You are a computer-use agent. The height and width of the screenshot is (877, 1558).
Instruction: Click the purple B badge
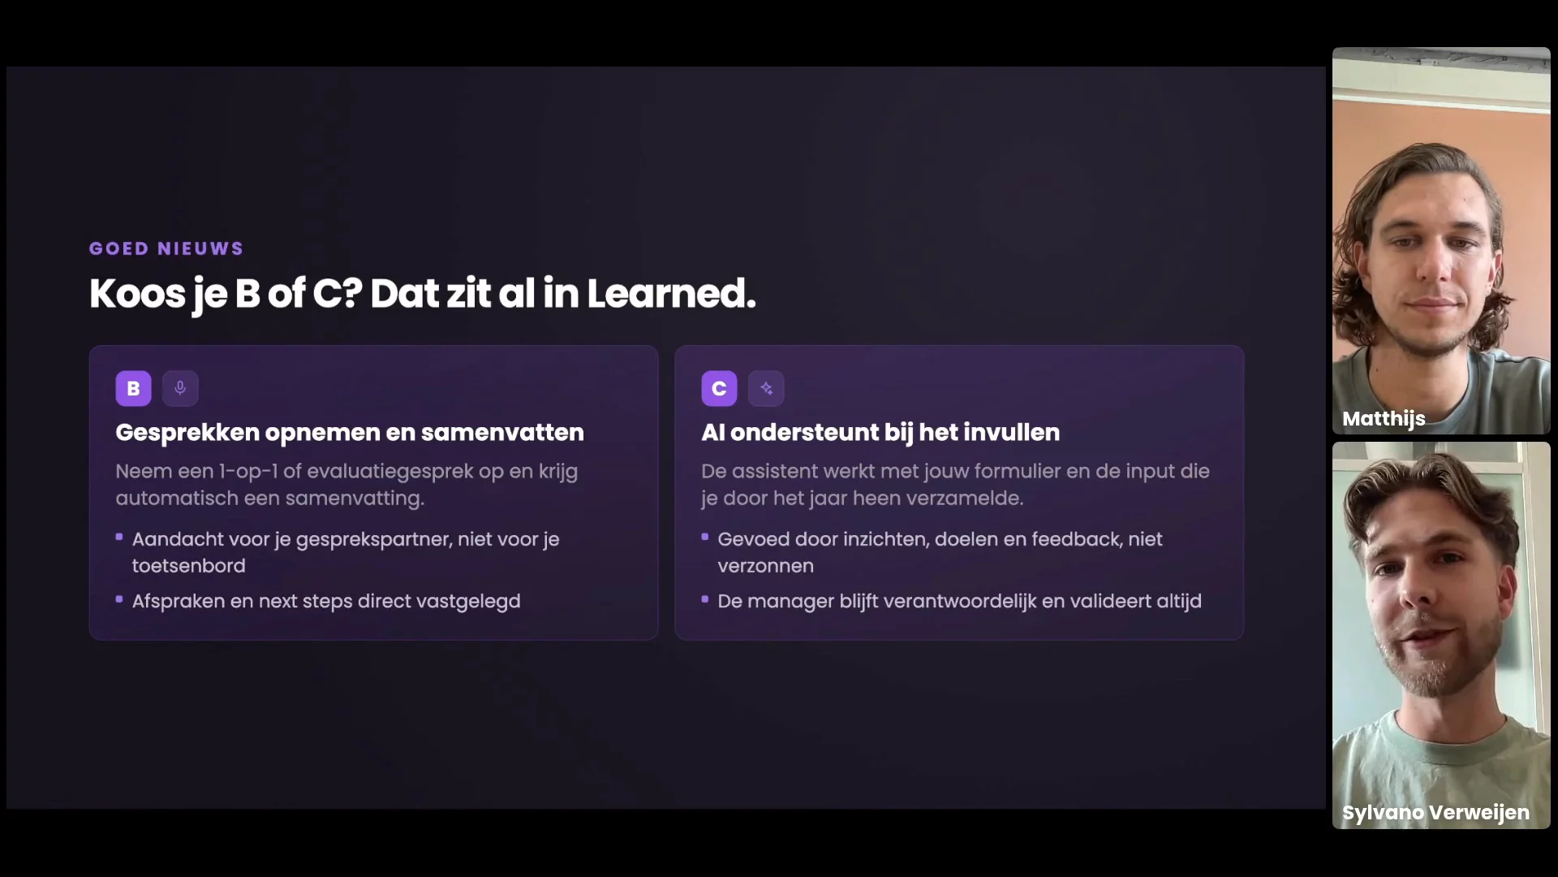[x=133, y=388]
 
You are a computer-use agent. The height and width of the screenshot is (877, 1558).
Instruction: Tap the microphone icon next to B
[x=180, y=388]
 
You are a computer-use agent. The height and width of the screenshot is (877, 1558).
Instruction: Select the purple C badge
[x=719, y=388]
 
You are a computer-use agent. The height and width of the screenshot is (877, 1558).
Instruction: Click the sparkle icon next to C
[x=766, y=388]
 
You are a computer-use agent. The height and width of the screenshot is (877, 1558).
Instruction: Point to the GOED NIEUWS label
[x=166, y=248]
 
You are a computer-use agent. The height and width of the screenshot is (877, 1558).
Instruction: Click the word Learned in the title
[x=671, y=293]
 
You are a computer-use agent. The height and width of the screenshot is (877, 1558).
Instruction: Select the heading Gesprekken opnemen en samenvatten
[x=350, y=433]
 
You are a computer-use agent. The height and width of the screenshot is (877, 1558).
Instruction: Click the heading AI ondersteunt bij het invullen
[x=880, y=433]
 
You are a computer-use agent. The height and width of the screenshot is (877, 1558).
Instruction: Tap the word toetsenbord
[x=189, y=566]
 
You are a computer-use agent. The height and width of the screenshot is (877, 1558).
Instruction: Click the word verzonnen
[x=765, y=566]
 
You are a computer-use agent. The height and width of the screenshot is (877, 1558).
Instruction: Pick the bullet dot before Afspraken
[x=119, y=599]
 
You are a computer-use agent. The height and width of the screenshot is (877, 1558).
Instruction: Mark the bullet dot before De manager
[x=705, y=599]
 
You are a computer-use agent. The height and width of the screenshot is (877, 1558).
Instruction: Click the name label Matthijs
[x=1384, y=419]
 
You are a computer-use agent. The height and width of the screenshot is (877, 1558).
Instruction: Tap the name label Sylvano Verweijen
[x=1435, y=813]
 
